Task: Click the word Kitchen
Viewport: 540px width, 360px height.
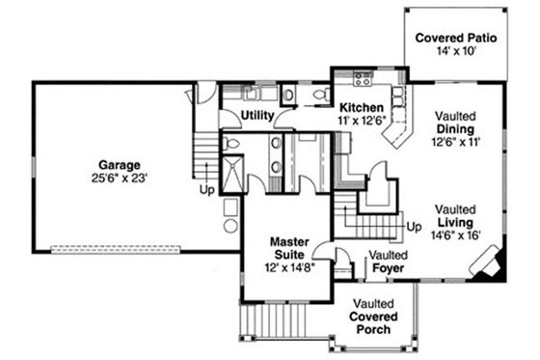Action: point(362,106)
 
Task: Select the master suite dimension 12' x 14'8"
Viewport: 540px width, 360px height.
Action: point(288,266)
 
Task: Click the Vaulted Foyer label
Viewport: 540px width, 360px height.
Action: point(387,261)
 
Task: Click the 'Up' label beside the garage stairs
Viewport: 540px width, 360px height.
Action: point(206,189)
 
